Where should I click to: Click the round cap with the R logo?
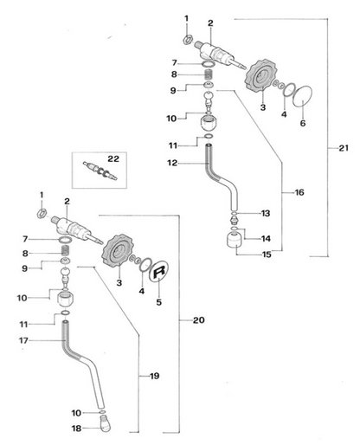(x=159, y=271)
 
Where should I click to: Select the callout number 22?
(x=113, y=158)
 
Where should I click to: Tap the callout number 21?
(x=344, y=148)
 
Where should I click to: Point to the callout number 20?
(x=199, y=320)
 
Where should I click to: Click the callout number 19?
(x=155, y=376)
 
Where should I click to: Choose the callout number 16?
(x=299, y=192)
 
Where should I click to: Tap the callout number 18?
(x=76, y=429)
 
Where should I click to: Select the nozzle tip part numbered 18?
(x=106, y=423)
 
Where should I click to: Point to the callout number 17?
(x=23, y=340)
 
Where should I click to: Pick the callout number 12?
(x=172, y=163)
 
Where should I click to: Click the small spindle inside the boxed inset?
(x=100, y=171)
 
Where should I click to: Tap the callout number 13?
(x=266, y=213)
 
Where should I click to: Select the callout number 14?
(x=266, y=238)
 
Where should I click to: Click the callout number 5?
(x=159, y=302)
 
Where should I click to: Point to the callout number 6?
(x=303, y=123)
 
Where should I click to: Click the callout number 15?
(x=267, y=255)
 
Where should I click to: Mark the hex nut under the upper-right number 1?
(x=188, y=39)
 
